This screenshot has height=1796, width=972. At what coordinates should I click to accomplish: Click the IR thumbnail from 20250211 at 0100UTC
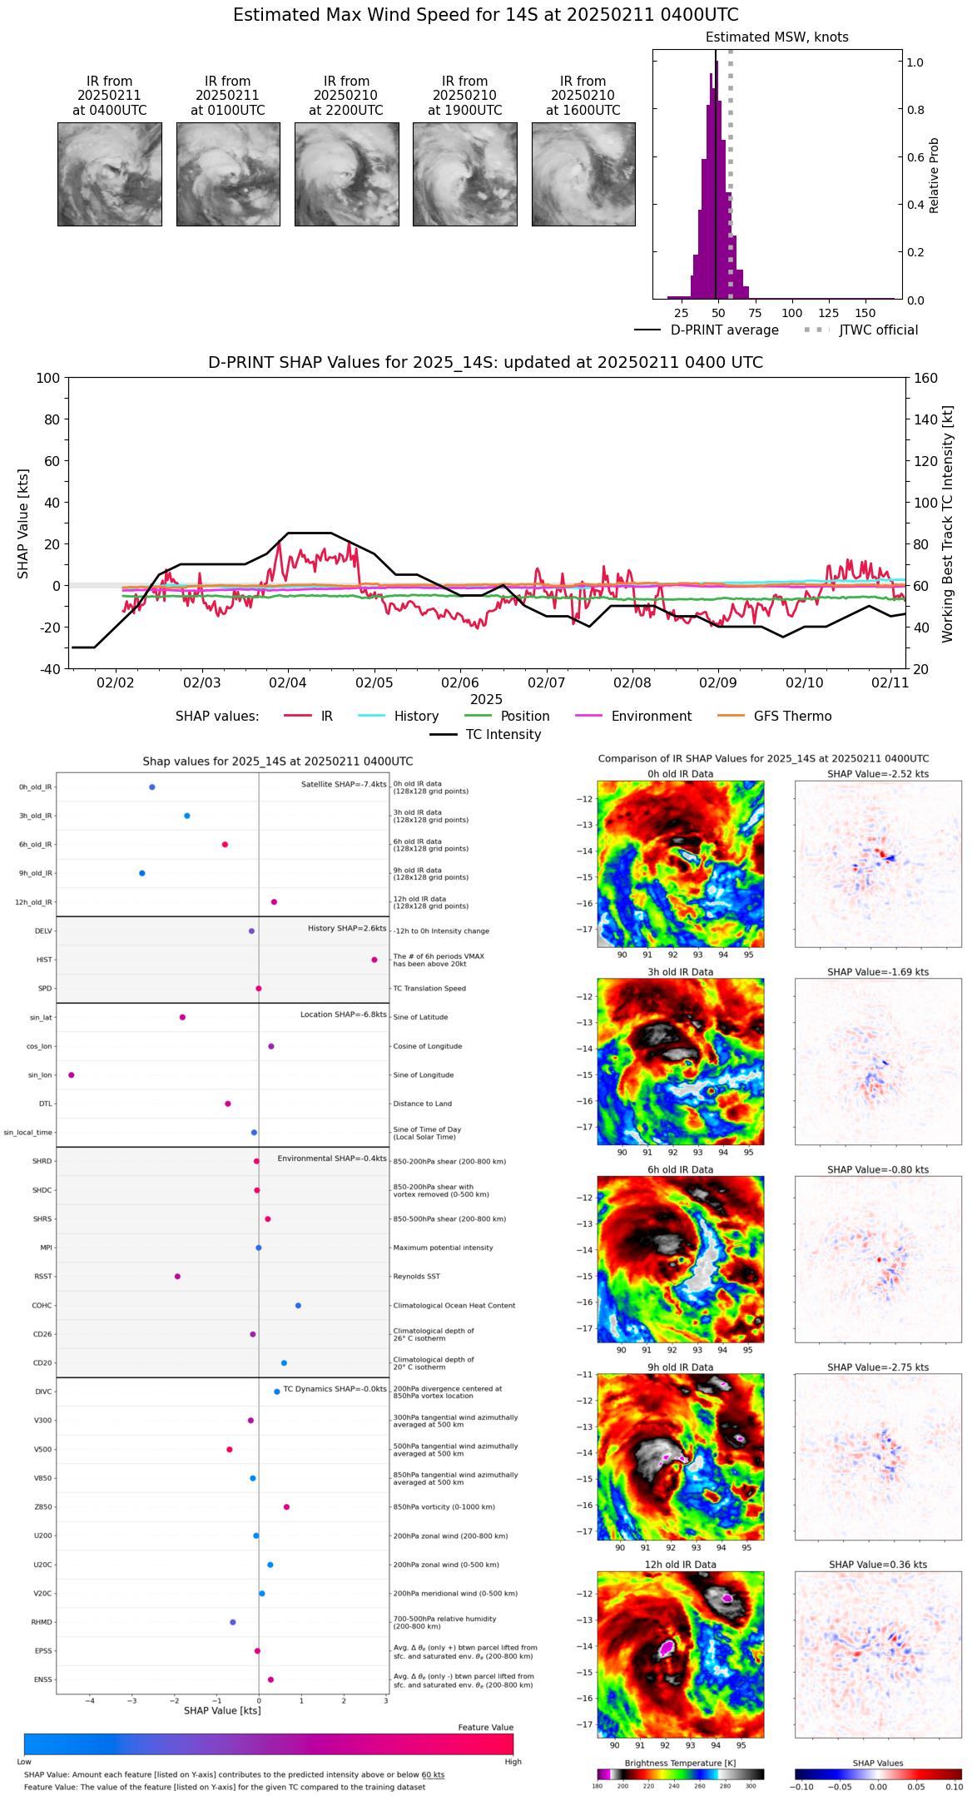tap(228, 174)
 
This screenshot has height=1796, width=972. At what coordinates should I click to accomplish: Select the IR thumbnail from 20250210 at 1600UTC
tap(583, 174)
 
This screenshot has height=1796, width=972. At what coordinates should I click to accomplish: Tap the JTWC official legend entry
tap(878, 330)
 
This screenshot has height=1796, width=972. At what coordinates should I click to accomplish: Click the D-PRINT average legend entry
tap(724, 330)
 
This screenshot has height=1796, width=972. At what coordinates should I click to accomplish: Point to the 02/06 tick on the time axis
tap(460, 682)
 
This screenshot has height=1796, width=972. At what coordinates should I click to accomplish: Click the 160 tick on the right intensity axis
tap(925, 378)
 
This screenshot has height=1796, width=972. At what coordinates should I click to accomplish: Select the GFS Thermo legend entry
tap(792, 717)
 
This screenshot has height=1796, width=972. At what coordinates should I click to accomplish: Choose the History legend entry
tap(416, 717)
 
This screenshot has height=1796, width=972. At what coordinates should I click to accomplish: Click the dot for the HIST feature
tap(374, 960)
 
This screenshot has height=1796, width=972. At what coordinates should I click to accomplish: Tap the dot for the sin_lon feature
tap(72, 1074)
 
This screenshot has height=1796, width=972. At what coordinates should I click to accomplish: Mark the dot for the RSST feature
tap(177, 1276)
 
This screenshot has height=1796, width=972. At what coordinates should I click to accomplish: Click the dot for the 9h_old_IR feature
tap(142, 873)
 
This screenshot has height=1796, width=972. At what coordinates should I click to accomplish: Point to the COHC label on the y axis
tap(42, 1305)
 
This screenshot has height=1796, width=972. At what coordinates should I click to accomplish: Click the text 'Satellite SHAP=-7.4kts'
tap(344, 784)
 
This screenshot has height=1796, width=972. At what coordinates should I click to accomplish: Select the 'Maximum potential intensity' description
tap(443, 1248)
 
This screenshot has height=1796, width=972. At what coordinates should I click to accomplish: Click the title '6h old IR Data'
tap(680, 1169)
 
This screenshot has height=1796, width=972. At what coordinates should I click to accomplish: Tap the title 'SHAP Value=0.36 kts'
tap(878, 1565)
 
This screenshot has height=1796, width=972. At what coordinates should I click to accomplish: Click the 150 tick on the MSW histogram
tap(865, 313)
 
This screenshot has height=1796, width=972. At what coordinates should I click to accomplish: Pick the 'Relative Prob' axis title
tap(935, 176)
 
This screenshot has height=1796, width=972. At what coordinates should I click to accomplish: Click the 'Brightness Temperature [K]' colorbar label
tap(680, 1763)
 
